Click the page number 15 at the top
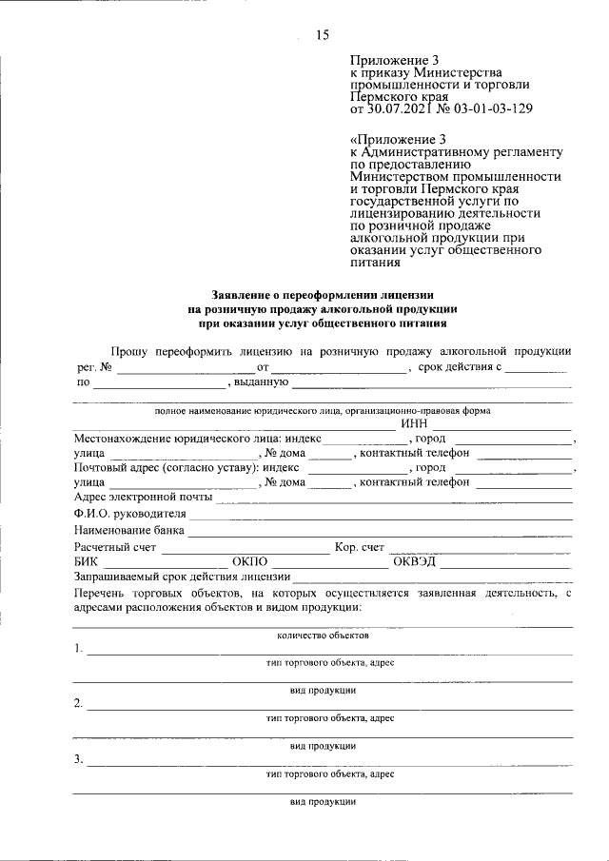point(322,35)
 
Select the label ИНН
point(416,424)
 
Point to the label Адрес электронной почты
point(142,496)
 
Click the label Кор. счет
point(360,547)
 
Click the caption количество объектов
point(323,635)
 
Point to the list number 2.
point(77,705)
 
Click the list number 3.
point(77,760)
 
